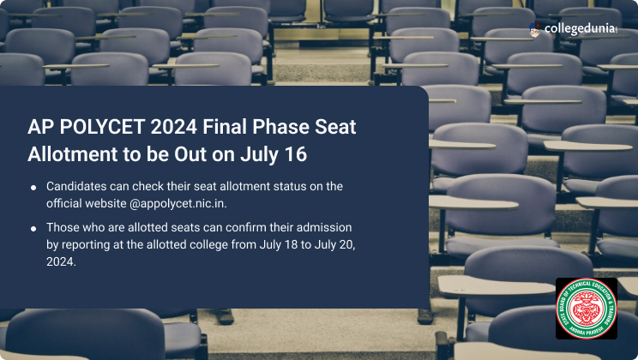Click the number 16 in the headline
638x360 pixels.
(293, 156)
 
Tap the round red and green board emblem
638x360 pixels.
(586, 308)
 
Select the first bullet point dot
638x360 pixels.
(33, 187)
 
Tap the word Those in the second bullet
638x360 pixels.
(63, 229)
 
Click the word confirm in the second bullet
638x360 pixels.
(227, 229)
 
